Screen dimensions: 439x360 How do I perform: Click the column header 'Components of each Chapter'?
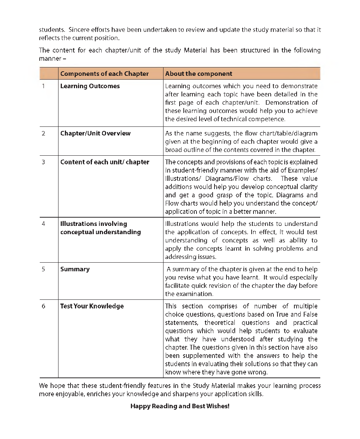tap(104, 74)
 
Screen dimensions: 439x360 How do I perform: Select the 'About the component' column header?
tap(199, 74)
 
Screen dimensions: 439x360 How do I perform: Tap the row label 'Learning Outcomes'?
tap(90, 86)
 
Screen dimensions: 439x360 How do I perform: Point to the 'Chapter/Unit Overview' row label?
tap(95, 133)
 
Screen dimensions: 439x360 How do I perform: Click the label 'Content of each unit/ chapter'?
tap(105, 162)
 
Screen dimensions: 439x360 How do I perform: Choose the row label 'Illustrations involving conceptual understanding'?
tap(100, 228)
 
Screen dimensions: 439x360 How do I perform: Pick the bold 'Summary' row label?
tap(75, 269)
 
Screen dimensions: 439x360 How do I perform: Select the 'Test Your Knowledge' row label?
tap(92, 306)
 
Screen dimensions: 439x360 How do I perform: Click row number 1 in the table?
tap(43, 86)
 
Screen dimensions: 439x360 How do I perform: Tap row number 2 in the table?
tap(43, 133)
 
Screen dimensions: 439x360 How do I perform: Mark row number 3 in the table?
tap(43, 162)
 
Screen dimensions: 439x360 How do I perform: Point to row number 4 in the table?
tap(43, 224)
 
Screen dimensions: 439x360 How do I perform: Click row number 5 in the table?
tap(43, 269)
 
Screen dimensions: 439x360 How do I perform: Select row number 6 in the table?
tap(43, 306)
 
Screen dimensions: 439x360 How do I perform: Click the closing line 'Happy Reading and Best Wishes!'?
tap(180, 406)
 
